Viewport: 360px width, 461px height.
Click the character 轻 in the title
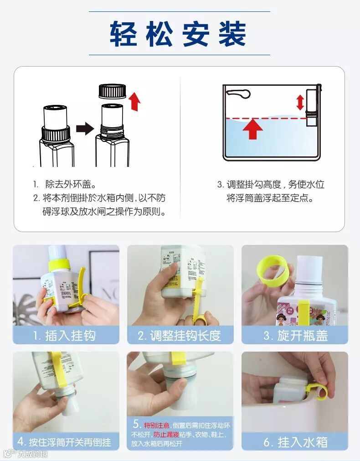coord(124,34)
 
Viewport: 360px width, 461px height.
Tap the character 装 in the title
coord(232,34)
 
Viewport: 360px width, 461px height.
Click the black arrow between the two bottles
coord(85,129)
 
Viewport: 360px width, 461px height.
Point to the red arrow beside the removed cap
coord(135,101)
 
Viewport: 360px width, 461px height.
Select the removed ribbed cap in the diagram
coord(112,91)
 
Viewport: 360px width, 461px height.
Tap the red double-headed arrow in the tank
coord(300,103)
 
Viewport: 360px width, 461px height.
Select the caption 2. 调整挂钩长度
coord(179,336)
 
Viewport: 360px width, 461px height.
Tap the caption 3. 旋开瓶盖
coord(295,336)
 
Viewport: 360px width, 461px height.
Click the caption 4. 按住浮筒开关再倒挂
coord(64,442)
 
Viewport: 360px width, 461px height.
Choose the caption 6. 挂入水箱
coord(295,442)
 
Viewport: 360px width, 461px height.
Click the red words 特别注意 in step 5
coord(157,425)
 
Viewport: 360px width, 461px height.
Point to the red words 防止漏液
coord(166,434)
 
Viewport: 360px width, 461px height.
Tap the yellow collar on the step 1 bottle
coord(59,264)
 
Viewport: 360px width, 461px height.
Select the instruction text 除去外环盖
coord(71,184)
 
